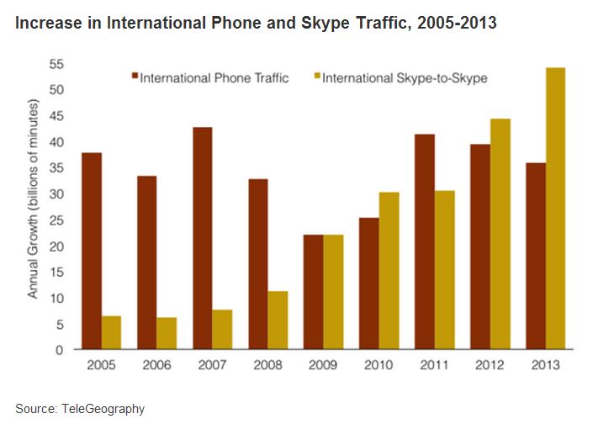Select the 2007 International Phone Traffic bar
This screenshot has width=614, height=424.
click(x=201, y=238)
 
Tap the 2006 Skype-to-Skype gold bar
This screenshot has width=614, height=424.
click(x=167, y=333)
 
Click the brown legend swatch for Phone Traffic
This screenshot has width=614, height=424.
click(x=134, y=78)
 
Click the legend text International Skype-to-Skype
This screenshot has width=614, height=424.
click(x=405, y=78)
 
